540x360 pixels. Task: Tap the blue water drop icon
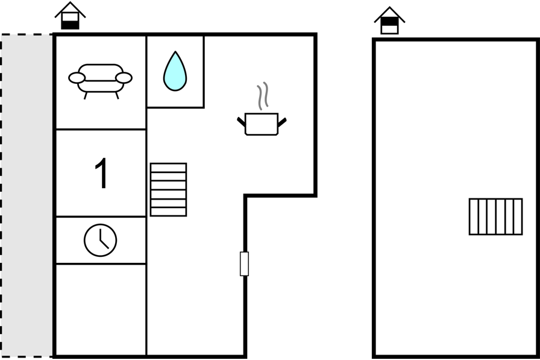pos(175,71)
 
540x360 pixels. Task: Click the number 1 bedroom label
pos(101,173)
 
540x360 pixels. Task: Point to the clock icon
pos(100,240)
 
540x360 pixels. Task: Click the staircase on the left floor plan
pos(168,190)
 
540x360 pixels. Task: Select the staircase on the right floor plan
pos(495,216)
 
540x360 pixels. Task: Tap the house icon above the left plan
pos(71,16)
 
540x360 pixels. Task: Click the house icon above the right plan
pos(389,21)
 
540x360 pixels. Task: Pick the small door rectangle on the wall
pos(244,264)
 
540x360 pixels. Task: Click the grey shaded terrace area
pos(27,195)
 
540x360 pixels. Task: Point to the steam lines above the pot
pos(263,96)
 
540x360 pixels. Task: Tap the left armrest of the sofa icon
pos(77,78)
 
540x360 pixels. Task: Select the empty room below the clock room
pos(101,309)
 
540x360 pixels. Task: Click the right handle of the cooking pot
pos(282,122)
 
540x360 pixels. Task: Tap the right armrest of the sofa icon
pos(124,78)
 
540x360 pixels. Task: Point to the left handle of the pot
pos(241,122)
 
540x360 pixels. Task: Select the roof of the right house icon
pos(389,14)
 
